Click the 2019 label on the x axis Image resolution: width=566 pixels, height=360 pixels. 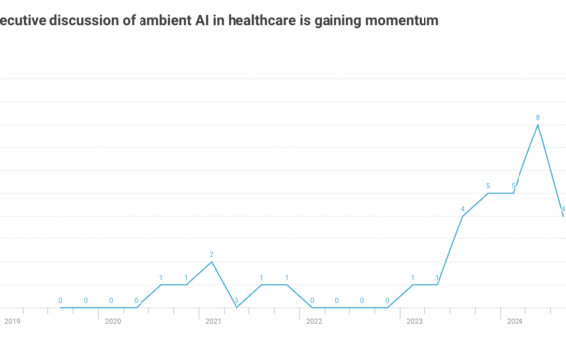pos(12,321)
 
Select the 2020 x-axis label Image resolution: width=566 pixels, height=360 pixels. pos(112,321)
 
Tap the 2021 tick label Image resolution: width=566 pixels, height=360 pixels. pos(213,321)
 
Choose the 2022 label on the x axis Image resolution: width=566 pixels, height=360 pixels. pos(313,321)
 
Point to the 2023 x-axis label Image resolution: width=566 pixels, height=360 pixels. pos(414,321)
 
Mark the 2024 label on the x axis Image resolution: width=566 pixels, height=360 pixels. pos(515,321)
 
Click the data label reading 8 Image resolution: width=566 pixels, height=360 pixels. pos(537,117)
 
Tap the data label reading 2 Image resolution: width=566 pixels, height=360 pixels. pos(212,254)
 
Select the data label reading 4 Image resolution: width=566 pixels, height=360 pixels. pos(462,209)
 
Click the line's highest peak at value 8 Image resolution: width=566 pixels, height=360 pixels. pos(537,125)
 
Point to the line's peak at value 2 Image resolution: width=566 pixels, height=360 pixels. pos(212,262)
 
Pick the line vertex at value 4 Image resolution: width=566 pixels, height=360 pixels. pos(462,216)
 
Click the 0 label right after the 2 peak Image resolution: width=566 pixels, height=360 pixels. pos(236,300)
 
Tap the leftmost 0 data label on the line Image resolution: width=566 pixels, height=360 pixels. pos(60,300)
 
